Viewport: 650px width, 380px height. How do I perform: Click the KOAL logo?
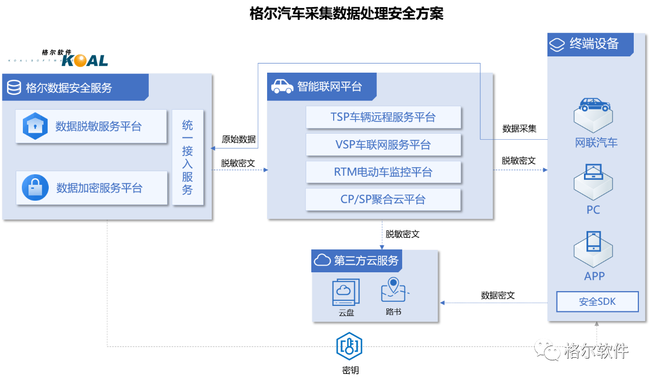pyautogui.click(x=84, y=61)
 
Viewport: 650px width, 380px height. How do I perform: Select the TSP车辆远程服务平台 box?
pyautogui.click(x=383, y=117)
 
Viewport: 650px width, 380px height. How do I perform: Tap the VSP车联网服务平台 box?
pyautogui.click(x=383, y=145)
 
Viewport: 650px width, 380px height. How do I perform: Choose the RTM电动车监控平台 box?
pyautogui.click(x=383, y=172)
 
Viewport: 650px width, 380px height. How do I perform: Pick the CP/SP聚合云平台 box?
pyautogui.click(x=383, y=200)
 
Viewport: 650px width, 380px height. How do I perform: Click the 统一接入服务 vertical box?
pyautogui.click(x=187, y=157)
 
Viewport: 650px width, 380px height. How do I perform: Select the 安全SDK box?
pyautogui.click(x=597, y=302)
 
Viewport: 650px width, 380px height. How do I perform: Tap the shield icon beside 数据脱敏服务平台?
pyautogui.click(x=35, y=126)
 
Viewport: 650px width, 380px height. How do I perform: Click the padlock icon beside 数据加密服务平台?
pyautogui.click(x=35, y=188)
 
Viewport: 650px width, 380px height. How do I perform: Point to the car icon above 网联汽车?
pyautogui.click(x=594, y=106)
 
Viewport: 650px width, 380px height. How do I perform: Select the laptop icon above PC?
pyautogui.click(x=593, y=172)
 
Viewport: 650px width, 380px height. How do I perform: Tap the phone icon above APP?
pyautogui.click(x=593, y=241)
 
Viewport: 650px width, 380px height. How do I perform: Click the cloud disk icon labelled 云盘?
pyautogui.click(x=346, y=292)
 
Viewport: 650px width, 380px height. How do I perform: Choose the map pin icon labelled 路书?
pyautogui.click(x=394, y=290)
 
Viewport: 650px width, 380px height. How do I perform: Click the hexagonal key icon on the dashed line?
pyautogui.click(x=349, y=346)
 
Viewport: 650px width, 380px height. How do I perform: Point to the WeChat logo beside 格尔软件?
pyautogui.click(x=547, y=350)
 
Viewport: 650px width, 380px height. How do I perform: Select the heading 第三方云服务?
pyautogui.click(x=366, y=261)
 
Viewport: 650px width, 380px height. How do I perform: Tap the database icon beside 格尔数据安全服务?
pyautogui.click(x=14, y=88)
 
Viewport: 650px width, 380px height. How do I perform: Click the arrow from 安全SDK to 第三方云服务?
pyautogui.click(x=493, y=303)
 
